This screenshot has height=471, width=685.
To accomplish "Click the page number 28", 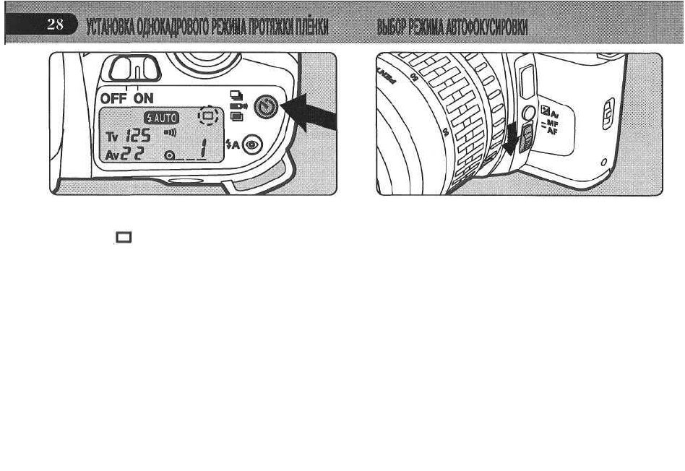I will pyautogui.click(x=56, y=25).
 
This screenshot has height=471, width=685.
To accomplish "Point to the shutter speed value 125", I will pyautogui.click(x=137, y=134).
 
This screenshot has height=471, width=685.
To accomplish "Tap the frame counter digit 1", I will pyautogui.click(x=204, y=150).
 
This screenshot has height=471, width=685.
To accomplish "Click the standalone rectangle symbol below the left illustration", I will pyautogui.click(x=121, y=237).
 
